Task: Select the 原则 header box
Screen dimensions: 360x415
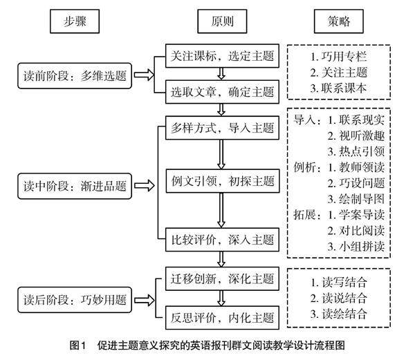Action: [221, 21]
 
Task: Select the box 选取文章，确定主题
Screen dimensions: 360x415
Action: [221, 91]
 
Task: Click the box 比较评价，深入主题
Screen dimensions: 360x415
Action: [221, 240]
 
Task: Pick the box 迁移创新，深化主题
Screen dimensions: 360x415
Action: [221, 279]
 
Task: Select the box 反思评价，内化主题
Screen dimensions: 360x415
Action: [221, 320]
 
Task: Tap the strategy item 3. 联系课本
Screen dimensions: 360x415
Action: [339, 88]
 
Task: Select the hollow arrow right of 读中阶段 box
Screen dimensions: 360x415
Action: [145, 185]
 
